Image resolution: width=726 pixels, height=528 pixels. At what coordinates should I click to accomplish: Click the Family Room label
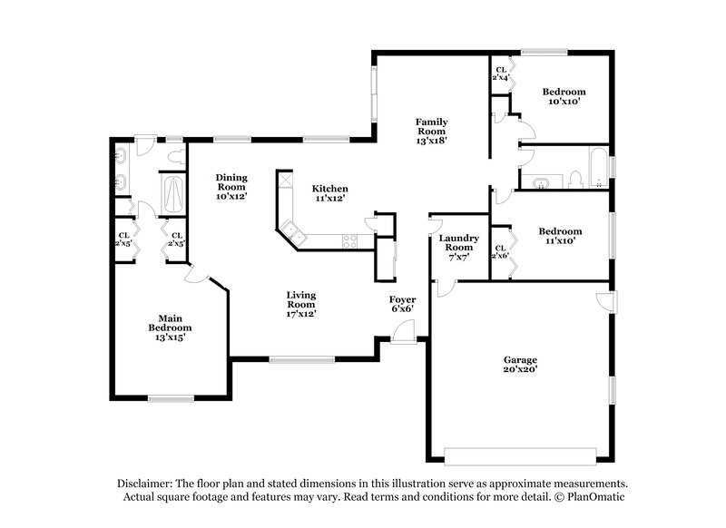[x=431, y=131]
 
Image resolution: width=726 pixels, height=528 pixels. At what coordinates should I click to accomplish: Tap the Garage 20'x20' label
[x=521, y=364]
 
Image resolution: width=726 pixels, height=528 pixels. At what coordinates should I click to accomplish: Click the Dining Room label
[x=231, y=186]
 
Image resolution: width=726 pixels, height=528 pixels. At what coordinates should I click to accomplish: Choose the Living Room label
[x=300, y=304]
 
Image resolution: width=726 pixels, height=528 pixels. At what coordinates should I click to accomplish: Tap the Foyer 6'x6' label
[x=402, y=304]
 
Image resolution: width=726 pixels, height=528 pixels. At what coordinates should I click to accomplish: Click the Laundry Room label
[x=459, y=248]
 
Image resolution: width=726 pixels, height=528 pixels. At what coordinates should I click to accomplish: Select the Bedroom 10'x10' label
[x=564, y=96]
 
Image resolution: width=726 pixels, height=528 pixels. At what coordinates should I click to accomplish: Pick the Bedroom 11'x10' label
[x=560, y=236]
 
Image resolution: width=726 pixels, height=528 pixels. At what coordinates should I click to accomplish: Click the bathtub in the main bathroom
[x=172, y=193]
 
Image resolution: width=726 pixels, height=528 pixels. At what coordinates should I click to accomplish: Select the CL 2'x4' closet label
[x=499, y=74]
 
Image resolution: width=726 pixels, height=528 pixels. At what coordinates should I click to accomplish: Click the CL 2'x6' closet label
[x=500, y=251]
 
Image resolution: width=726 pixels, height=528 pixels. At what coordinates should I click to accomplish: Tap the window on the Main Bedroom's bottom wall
[x=171, y=398]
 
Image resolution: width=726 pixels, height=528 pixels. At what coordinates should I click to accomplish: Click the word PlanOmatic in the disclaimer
[x=595, y=498]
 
